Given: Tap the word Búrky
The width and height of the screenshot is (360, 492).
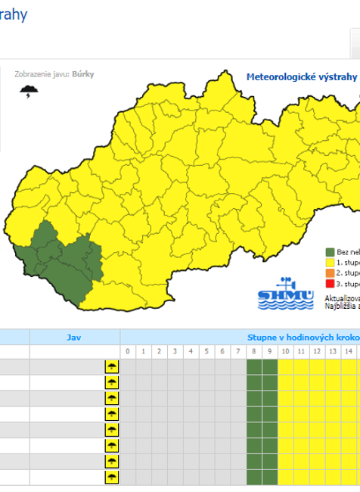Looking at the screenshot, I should coord(83,75).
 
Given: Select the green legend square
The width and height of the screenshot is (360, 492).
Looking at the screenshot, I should coord(330,252).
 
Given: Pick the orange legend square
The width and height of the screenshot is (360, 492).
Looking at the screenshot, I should coord(330,272).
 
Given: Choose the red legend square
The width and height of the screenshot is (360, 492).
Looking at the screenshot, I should coord(330,283).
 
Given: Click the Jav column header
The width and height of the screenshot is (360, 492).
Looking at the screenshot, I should coord(73,336).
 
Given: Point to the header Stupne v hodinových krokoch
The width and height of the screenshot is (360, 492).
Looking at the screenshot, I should coord(303,336).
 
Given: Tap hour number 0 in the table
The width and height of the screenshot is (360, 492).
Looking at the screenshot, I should coord(128,352).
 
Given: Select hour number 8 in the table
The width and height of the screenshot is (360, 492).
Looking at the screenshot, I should coord(254,352).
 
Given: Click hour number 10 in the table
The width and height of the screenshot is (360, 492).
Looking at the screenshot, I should coord(285,352).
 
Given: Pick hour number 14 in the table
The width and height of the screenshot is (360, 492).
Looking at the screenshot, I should coord(349,352).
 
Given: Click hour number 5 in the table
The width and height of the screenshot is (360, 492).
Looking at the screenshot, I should coord(206,352).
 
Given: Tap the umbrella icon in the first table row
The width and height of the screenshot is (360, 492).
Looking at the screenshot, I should coord(111,367).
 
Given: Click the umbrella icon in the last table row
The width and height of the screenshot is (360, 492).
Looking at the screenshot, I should coord(111,478).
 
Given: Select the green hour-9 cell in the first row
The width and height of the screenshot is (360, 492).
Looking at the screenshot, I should coord(270,367).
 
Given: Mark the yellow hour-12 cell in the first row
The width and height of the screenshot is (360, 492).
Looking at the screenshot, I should coord(317,367).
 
